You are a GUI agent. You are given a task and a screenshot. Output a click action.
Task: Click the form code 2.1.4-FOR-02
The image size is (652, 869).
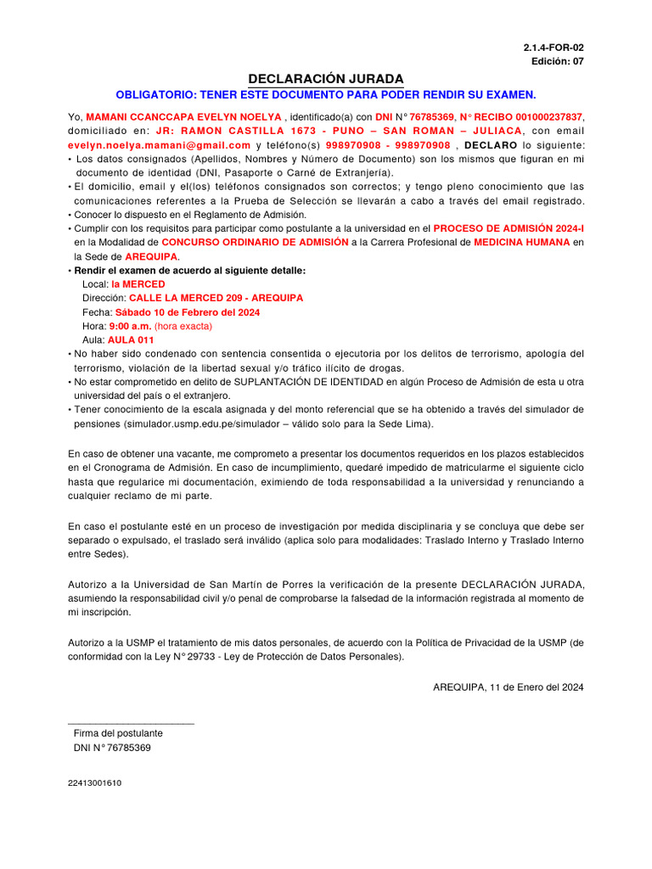(554, 48)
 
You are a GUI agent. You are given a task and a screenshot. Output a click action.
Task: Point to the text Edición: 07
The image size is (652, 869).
(557, 61)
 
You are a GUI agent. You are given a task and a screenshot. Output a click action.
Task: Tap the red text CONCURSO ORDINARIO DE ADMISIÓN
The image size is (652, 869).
(255, 242)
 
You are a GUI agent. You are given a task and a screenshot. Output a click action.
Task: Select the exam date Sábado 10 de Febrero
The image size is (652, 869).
(188, 312)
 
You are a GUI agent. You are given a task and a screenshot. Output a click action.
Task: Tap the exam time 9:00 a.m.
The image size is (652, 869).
(130, 326)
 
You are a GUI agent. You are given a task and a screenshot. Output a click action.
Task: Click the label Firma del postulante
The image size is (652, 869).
(118, 732)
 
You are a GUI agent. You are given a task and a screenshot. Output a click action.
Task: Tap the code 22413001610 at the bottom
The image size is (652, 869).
(94, 783)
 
